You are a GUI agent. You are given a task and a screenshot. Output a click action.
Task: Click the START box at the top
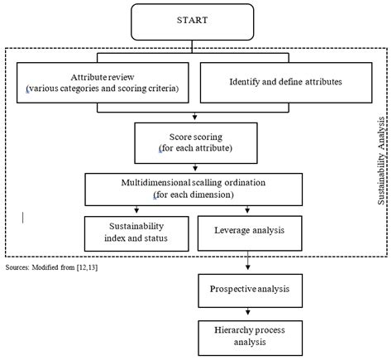(196, 20)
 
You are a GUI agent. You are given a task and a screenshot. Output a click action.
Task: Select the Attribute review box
(100, 82)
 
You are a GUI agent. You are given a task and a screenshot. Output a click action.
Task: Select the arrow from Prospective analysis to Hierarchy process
(247, 314)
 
